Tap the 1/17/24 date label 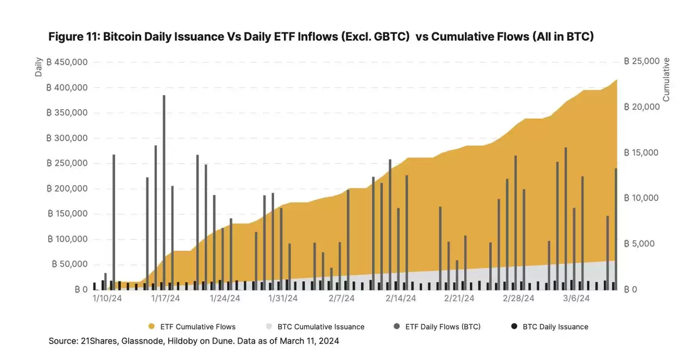166,299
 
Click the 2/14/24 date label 401,299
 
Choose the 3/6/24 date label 577,299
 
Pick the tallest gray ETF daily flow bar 164,190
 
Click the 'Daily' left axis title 39,67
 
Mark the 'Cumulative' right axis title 666,79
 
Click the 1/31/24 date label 283,299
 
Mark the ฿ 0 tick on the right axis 630,289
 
